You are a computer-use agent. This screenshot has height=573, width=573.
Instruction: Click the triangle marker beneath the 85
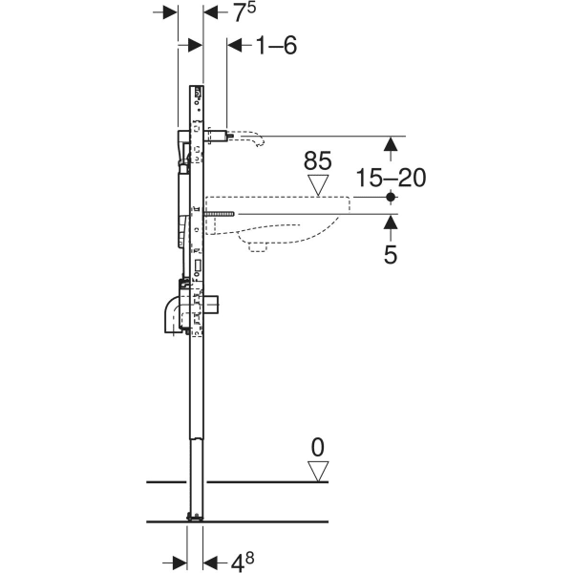316,182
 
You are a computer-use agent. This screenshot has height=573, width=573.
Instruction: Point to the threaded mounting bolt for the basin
221,214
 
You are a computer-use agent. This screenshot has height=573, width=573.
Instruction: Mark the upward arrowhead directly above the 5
390,223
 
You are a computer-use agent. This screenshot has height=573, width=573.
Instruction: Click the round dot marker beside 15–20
390,197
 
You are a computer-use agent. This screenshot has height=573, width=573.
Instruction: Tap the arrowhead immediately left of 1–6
234,44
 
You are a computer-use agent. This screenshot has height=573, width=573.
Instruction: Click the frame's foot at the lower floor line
196,517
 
